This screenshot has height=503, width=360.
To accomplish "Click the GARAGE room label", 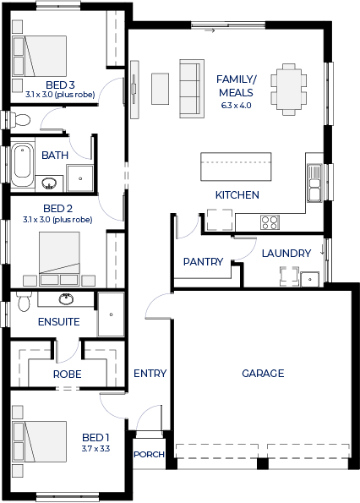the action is click(263, 374).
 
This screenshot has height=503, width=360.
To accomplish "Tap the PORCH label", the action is click(149, 455).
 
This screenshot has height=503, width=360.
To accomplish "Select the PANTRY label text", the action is click(203, 262).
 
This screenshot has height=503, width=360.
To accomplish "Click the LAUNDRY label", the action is click(286, 254).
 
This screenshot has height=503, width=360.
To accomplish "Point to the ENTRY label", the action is click(150, 374).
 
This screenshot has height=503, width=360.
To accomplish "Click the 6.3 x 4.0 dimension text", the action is click(237, 105).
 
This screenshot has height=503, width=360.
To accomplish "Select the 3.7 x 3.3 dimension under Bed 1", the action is click(95, 448).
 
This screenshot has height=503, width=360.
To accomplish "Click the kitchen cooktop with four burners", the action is click(270, 222).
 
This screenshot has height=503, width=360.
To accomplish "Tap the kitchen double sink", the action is click(314, 183).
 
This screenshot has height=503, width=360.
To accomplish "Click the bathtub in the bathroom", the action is click(22, 164).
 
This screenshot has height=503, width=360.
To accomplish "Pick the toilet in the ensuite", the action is click(24, 301).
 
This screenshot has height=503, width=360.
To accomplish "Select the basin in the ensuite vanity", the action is click(66, 298).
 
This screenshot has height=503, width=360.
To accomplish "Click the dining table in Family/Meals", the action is click(288, 89).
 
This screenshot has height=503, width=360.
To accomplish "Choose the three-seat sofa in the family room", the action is click(192, 89).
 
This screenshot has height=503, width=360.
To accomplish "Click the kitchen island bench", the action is click(236, 167).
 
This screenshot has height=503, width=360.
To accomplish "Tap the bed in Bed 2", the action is click(59, 259).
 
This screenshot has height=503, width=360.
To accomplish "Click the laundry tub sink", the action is click(309, 279).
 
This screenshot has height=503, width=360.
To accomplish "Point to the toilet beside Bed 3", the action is click(20, 120).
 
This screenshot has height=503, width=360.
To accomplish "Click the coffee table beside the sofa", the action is click(160, 89).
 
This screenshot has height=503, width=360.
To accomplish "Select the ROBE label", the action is click(67, 374).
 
